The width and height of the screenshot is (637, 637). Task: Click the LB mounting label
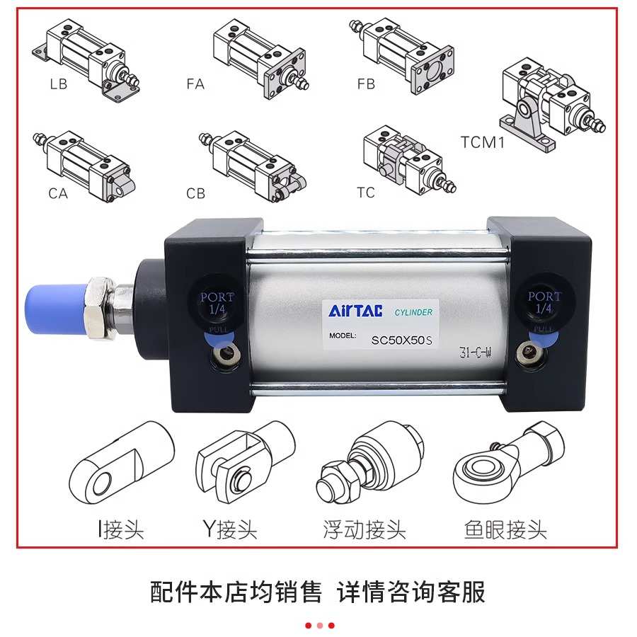59,84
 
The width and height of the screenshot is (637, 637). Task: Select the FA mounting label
195,84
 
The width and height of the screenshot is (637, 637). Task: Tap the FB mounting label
366,84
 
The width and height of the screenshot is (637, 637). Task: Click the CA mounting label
58,193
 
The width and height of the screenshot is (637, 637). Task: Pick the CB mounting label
196,193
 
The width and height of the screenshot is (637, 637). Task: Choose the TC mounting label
366,193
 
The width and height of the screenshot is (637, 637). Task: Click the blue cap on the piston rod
53,309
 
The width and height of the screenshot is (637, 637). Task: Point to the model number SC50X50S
401,340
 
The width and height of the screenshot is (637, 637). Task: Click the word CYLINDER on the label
413,312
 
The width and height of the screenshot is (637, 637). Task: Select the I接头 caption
121,529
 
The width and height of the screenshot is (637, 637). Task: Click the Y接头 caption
230,529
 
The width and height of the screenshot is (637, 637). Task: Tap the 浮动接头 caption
364,529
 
